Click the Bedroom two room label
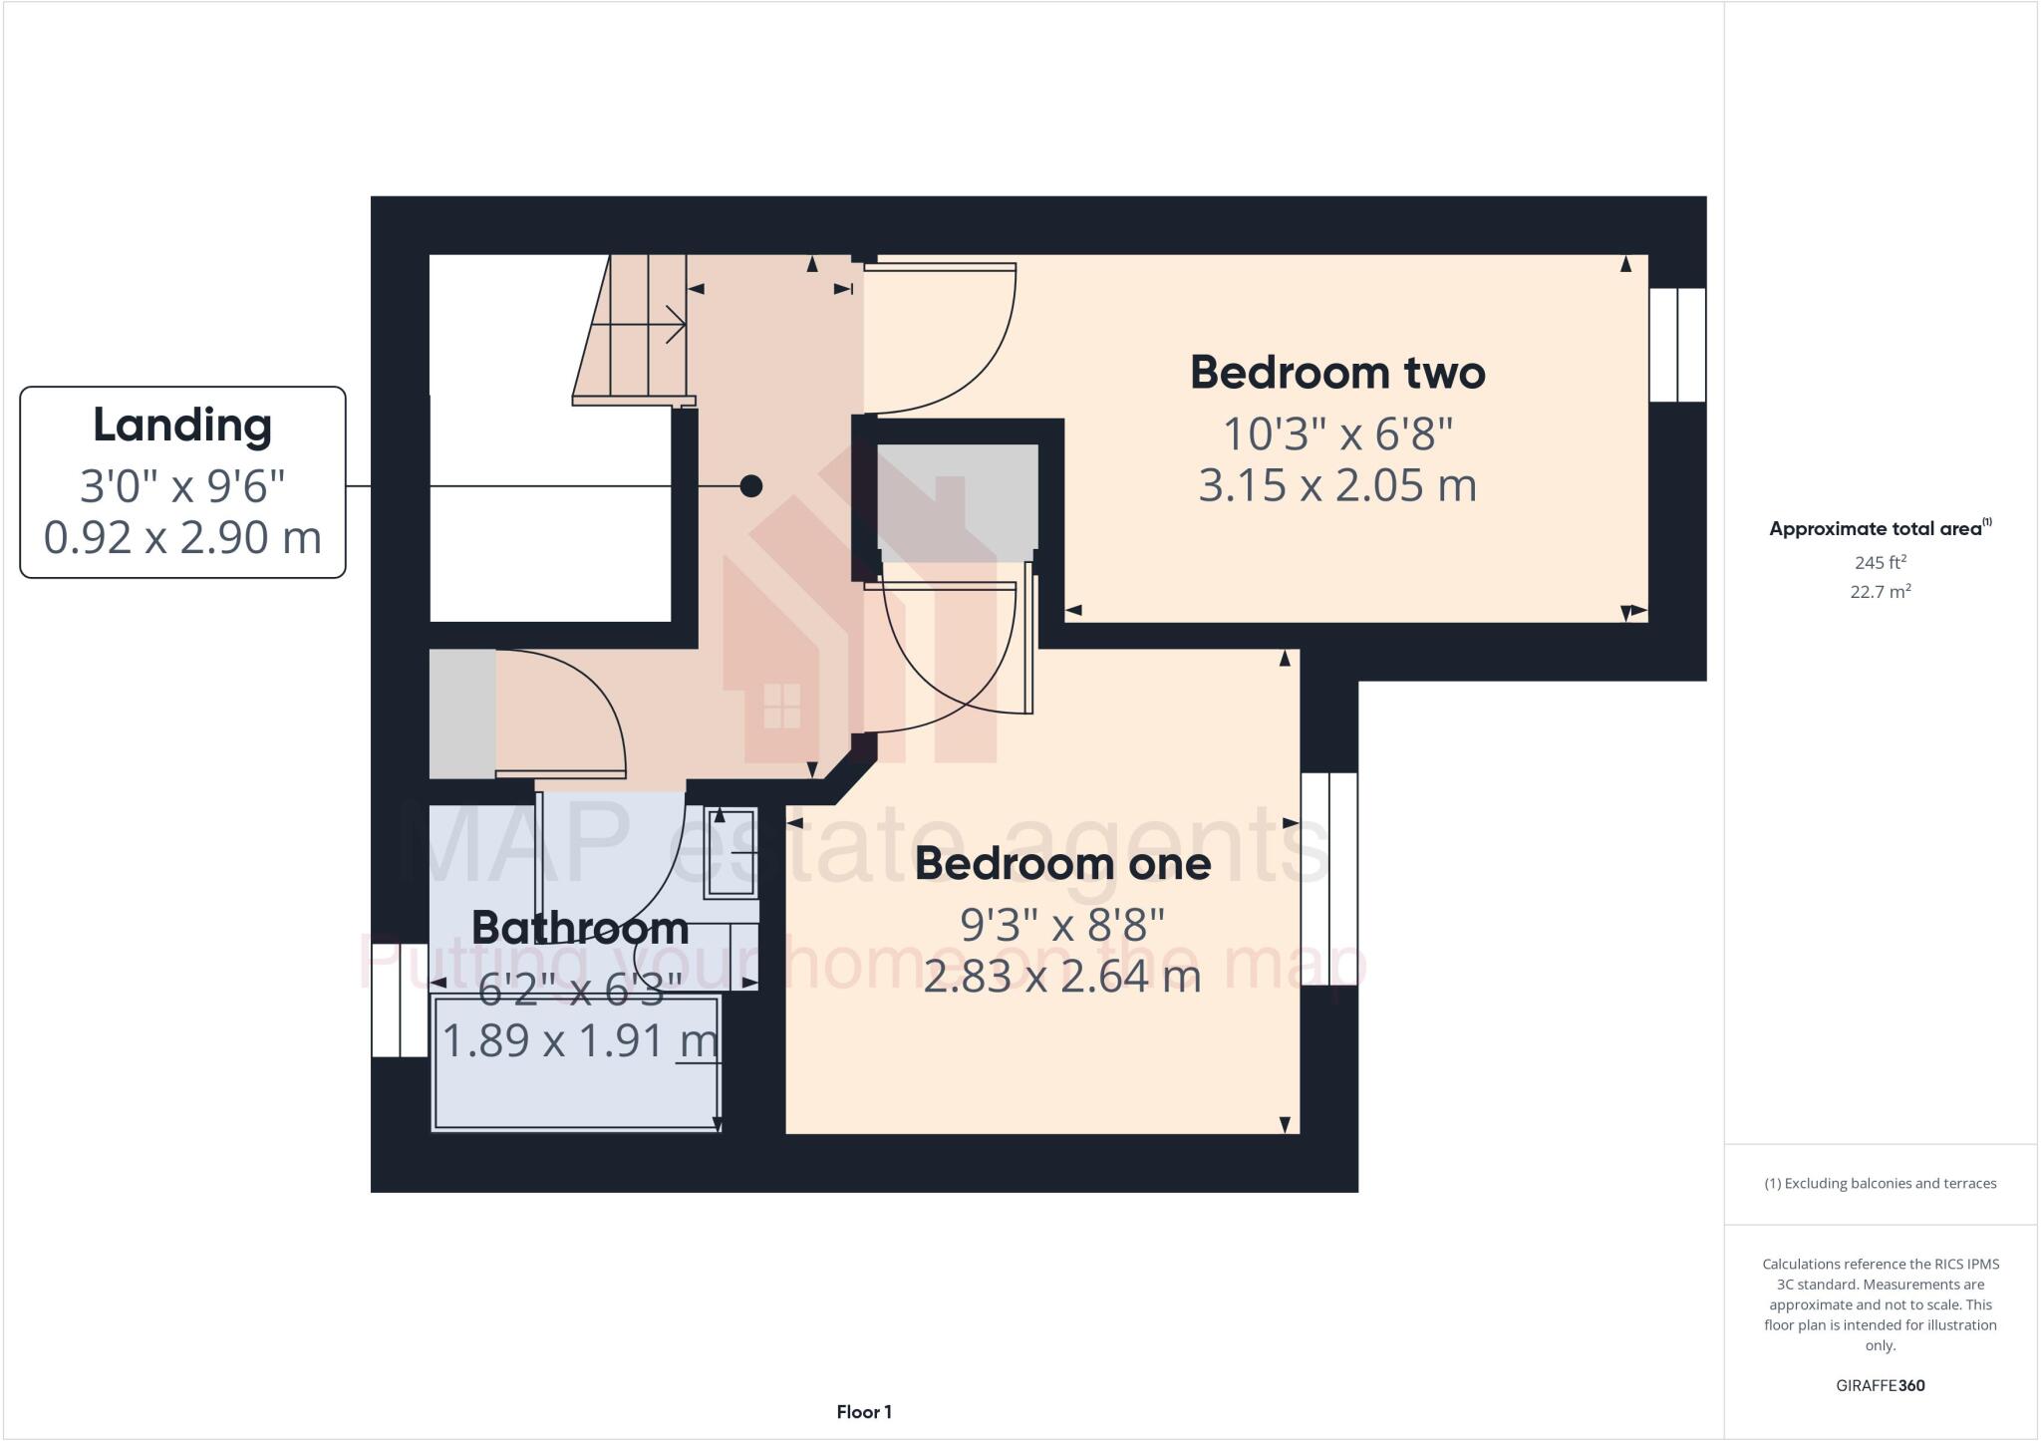coord(1337,373)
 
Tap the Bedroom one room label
coord(1062,863)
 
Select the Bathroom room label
coord(580,928)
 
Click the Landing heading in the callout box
coord(182,426)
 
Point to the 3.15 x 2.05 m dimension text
coord(1337,485)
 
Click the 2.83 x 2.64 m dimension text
coord(1062,976)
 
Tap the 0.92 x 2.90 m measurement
coord(182,538)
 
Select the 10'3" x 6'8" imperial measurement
coord(1337,433)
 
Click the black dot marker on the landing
coord(751,486)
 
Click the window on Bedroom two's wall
coord(1677,345)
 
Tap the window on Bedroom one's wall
coord(1329,879)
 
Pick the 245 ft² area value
coord(1880,562)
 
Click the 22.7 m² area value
coord(1880,592)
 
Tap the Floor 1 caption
coord(864,1412)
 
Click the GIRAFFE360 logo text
coord(1880,1385)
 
